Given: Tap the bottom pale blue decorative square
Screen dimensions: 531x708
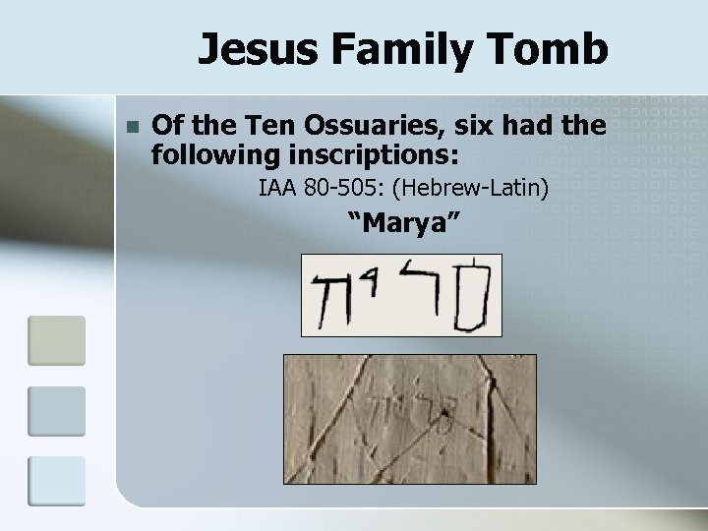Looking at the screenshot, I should [x=57, y=481].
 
